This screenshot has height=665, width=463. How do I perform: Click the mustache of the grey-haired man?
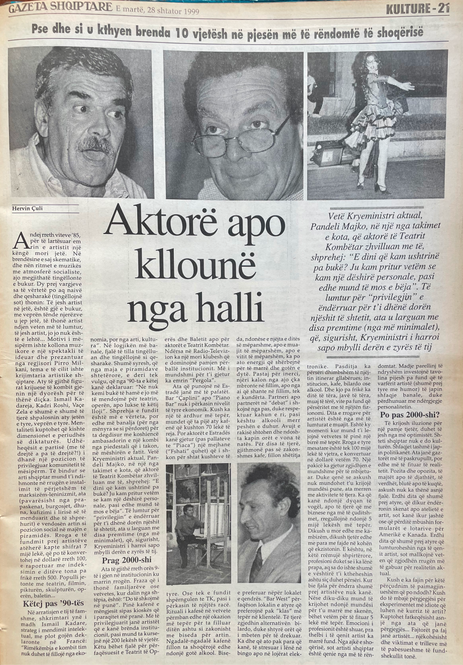pos(96,145)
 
